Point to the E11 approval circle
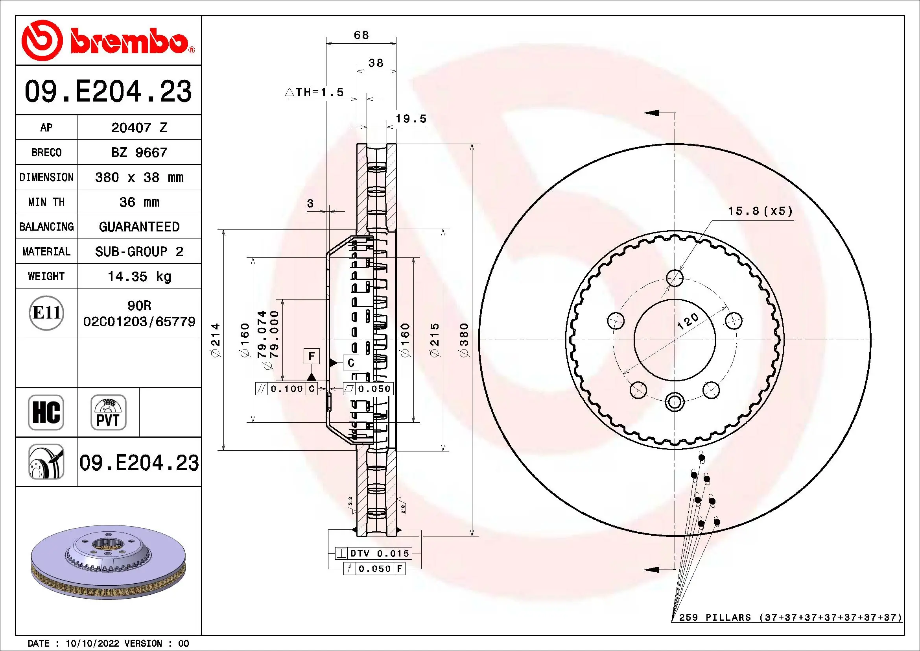click(46, 313)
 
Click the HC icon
click(46, 412)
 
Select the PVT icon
click(108, 412)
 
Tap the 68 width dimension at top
click(361, 35)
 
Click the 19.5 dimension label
click(411, 118)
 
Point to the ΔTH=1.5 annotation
click(315, 92)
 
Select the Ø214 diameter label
click(216, 340)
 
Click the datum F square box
click(312, 356)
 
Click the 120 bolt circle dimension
click(688, 322)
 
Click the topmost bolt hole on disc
click(675, 278)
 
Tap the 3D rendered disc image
click(108, 561)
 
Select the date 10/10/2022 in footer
click(92, 644)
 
